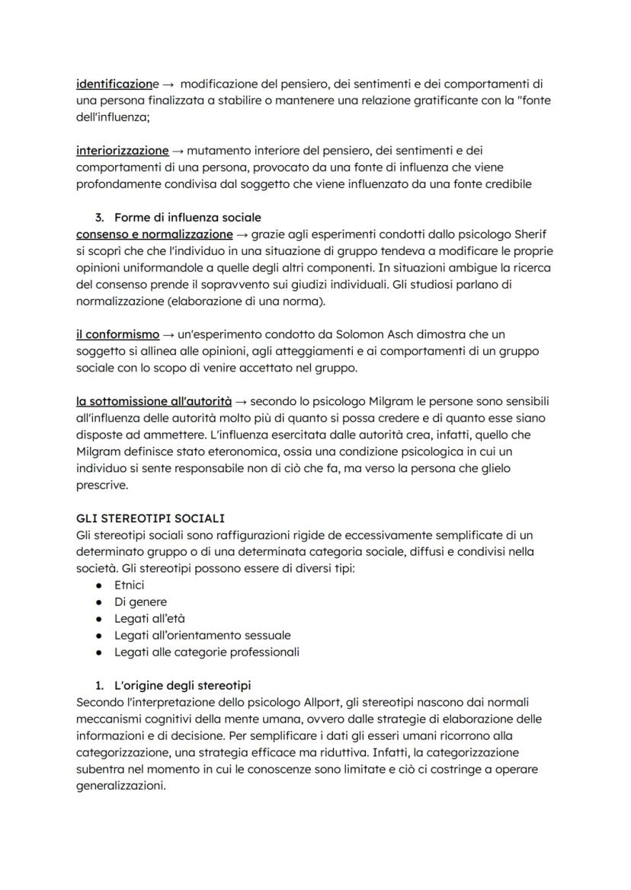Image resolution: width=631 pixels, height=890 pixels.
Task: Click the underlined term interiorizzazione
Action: tap(122, 151)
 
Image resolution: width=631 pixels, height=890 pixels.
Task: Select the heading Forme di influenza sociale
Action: tap(187, 218)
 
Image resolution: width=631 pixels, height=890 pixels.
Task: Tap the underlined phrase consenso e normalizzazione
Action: tap(155, 234)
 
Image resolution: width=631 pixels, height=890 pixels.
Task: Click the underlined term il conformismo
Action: tap(118, 334)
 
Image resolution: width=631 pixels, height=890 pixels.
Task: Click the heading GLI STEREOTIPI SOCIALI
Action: tap(150, 518)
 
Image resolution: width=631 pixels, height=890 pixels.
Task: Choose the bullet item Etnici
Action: tap(129, 585)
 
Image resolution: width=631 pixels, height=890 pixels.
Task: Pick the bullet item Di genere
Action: tap(140, 602)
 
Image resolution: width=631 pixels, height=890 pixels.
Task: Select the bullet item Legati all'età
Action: tap(149, 619)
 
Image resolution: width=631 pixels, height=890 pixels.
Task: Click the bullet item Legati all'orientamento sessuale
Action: tap(202, 635)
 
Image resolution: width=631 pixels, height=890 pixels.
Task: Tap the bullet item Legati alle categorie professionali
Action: tap(207, 652)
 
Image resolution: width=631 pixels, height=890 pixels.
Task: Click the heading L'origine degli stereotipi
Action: tap(183, 685)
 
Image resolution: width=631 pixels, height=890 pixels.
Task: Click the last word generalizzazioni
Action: tap(120, 786)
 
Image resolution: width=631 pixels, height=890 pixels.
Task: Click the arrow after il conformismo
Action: tap(169, 334)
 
